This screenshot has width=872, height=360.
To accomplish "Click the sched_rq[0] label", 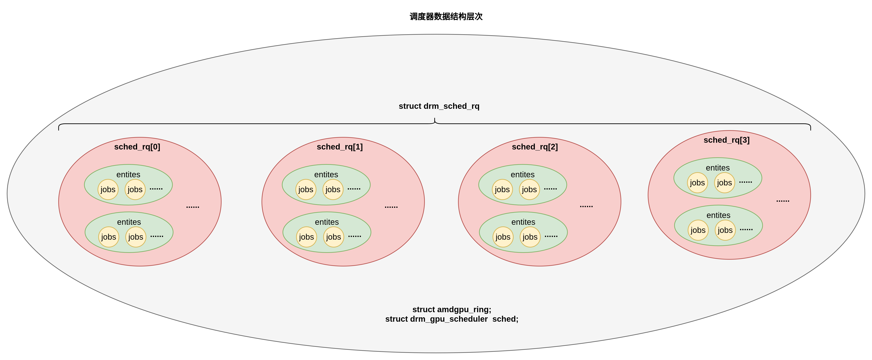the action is tap(137, 147).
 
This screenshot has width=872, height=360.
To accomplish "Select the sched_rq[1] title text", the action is tap(339, 147).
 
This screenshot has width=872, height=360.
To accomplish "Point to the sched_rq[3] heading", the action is tap(726, 140).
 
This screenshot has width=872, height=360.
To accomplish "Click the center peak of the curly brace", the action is tap(435, 119).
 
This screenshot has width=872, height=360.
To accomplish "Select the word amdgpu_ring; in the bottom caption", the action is tap(464, 309).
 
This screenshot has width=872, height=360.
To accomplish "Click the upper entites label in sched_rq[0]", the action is tap(128, 174).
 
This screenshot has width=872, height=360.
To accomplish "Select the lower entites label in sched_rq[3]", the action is tap(718, 215).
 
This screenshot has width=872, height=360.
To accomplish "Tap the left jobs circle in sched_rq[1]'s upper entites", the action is tap(306, 189).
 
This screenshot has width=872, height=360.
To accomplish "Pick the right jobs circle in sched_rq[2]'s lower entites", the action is tap(530, 237).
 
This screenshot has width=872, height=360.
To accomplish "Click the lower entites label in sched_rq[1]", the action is tap(327, 222).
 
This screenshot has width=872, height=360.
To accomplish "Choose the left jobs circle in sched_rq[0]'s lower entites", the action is tap(109, 237).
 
